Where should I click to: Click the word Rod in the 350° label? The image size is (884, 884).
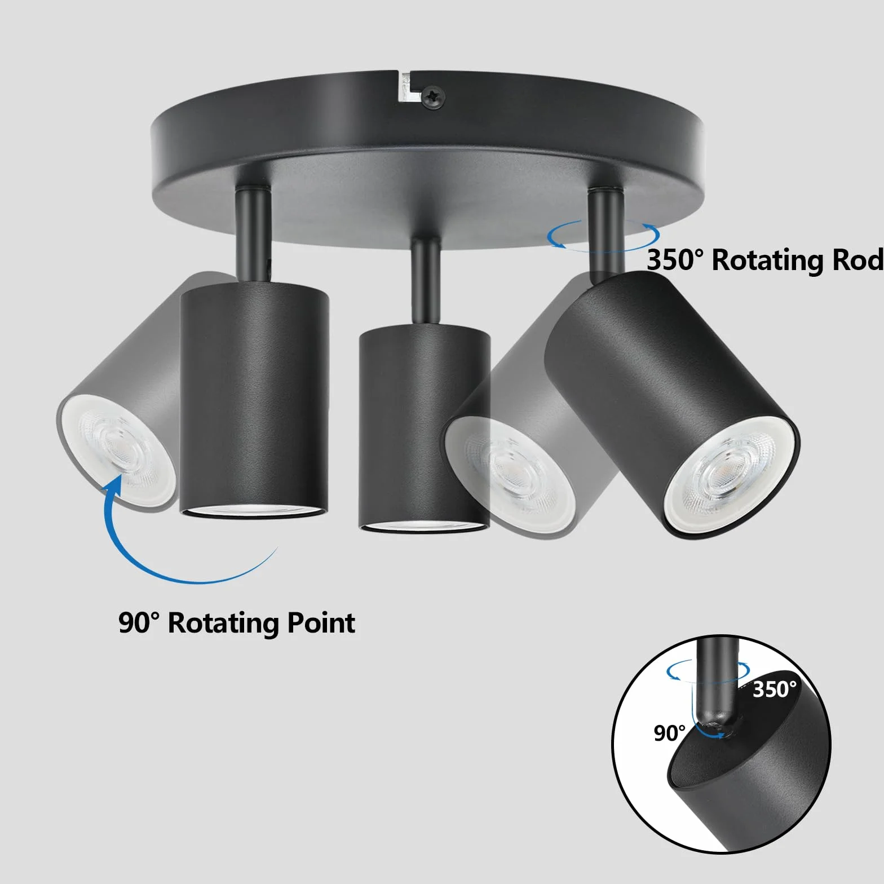coord(855,260)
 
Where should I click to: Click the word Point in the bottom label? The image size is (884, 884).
coord(321,624)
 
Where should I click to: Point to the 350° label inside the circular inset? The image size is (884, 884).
coord(775,689)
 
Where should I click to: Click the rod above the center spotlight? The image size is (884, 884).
coord(426,282)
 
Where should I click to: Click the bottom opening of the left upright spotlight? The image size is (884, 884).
coord(254,511)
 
